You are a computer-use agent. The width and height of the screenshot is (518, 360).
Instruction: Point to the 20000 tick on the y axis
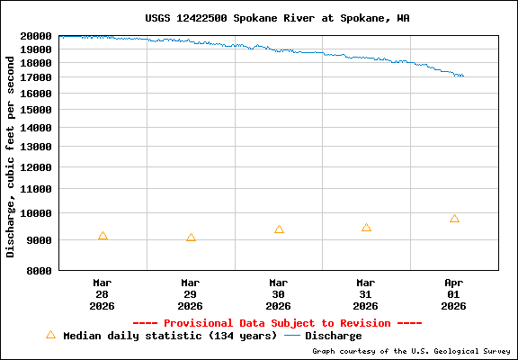(x=36, y=36)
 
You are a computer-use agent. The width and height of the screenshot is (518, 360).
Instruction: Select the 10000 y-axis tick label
(x=36, y=213)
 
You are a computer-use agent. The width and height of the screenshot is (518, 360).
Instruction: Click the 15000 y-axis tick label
(x=36, y=110)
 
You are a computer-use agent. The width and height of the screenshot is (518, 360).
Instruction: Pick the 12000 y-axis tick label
(x=36, y=167)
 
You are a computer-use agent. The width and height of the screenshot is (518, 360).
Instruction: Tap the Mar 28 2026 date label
(x=103, y=294)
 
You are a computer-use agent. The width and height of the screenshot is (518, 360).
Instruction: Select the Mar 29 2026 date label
(x=191, y=294)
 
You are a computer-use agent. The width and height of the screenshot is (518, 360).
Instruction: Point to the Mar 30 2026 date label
(x=279, y=294)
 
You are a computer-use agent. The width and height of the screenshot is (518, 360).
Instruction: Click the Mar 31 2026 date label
(x=366, y=294)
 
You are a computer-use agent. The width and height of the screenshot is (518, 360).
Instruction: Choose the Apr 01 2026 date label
(x=454, y=294)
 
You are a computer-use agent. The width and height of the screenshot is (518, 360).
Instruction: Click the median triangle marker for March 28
(x=103, y=236)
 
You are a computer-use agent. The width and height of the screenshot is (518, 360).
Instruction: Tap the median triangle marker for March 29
(x=191, y=238)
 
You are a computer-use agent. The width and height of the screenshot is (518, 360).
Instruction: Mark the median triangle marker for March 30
(x=279, y=229)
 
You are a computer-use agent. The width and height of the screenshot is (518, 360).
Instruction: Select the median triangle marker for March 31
(x=366, y=228)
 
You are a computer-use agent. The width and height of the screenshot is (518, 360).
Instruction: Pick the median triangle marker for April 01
(x=454, y=219)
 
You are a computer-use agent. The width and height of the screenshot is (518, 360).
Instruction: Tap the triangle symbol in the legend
(x=50, y=335)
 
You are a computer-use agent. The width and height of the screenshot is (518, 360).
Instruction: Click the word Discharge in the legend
(x=333, y=336)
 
